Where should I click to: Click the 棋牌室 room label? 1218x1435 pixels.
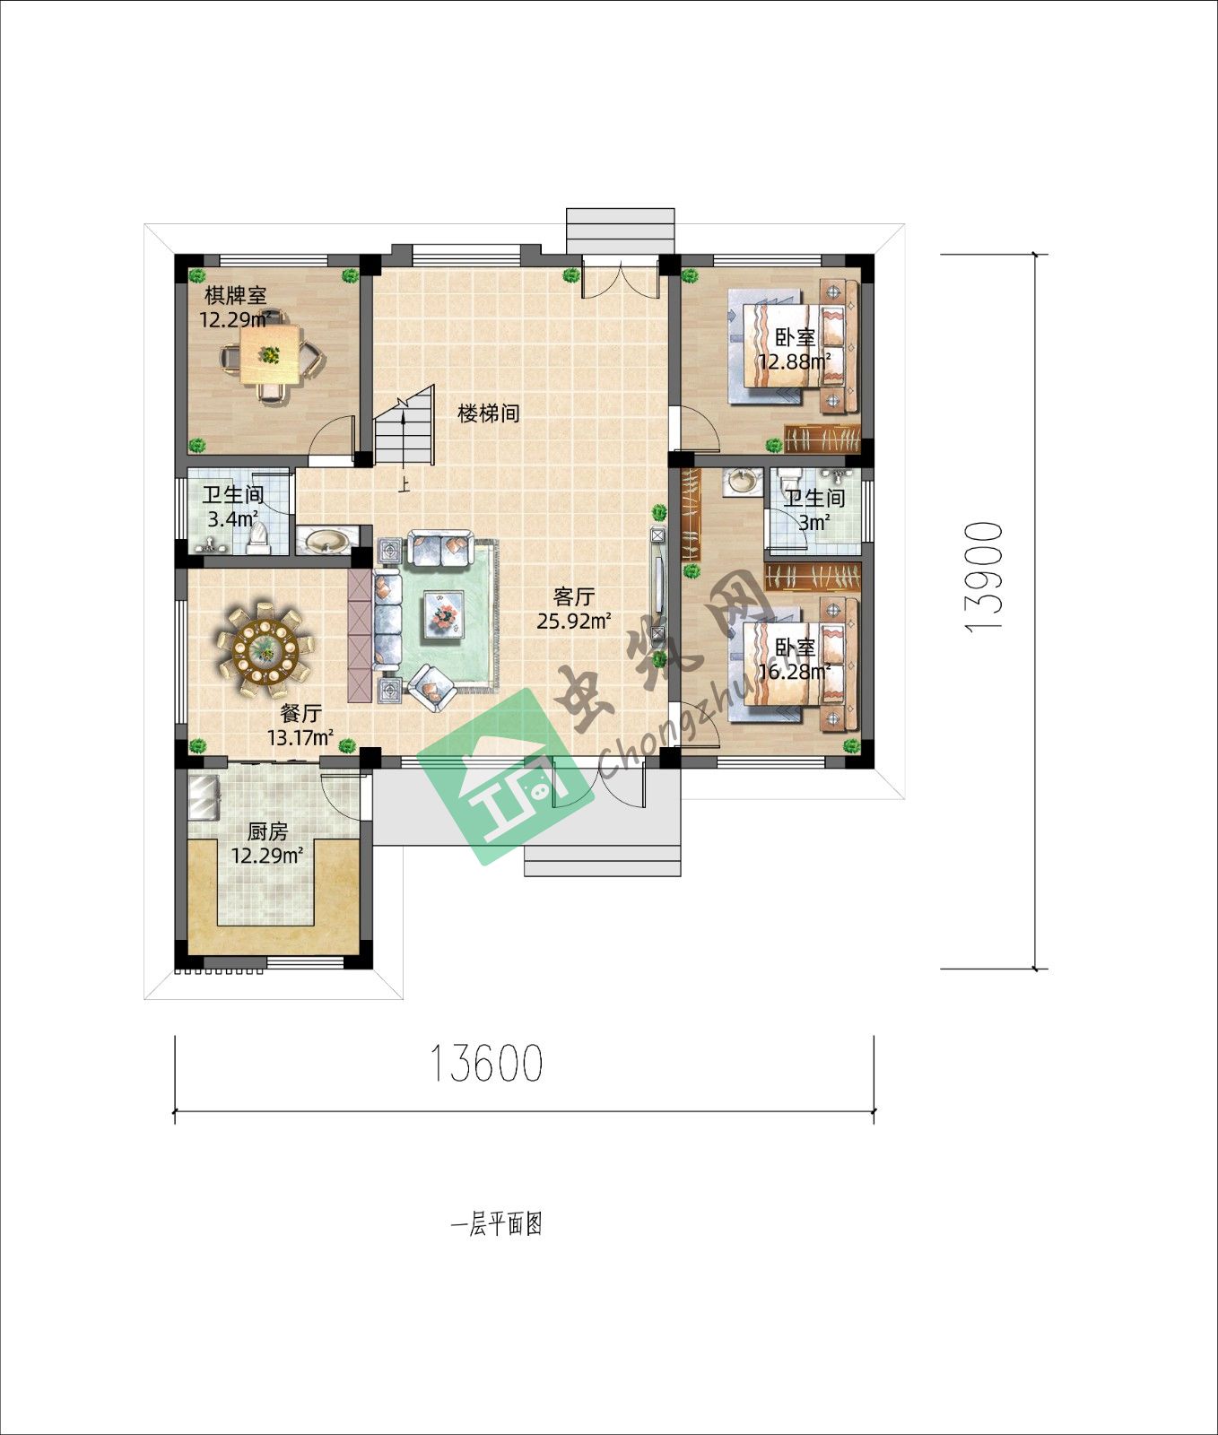[x=236, y=295]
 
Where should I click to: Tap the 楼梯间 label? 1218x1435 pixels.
[x=489, y=413]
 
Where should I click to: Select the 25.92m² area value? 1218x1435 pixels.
[x=574, y=620]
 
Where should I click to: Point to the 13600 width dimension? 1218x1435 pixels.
[x=487, y=1064]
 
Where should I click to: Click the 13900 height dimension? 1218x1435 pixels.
[x=985, y=578]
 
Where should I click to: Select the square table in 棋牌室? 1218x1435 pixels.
[x=271, y=354]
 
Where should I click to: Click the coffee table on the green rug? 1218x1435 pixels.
[x=444, y=614]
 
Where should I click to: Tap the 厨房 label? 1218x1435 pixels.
[x=267, y=832]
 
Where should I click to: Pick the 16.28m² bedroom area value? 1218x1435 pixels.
[x=794, y=672]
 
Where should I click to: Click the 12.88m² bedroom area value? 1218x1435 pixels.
[x=794, y=361]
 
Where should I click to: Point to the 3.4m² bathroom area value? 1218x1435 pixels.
[x=233, y=518]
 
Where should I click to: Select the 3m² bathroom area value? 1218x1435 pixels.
[x=813, y=521]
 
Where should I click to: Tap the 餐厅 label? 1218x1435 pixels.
[x=301, y=714]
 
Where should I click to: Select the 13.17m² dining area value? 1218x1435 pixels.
[x=301, y=738]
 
